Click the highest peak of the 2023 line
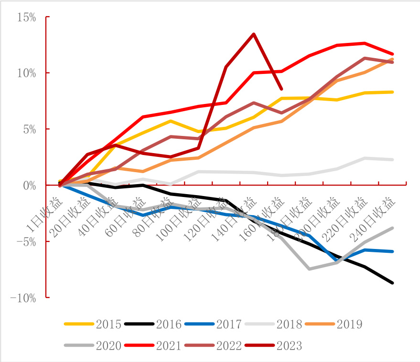pyautogui.click(x=253, y=34)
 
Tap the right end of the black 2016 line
pyautogui.click(x=393, y=283)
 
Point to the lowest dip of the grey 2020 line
pyautogui.click(x=309, y=269)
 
